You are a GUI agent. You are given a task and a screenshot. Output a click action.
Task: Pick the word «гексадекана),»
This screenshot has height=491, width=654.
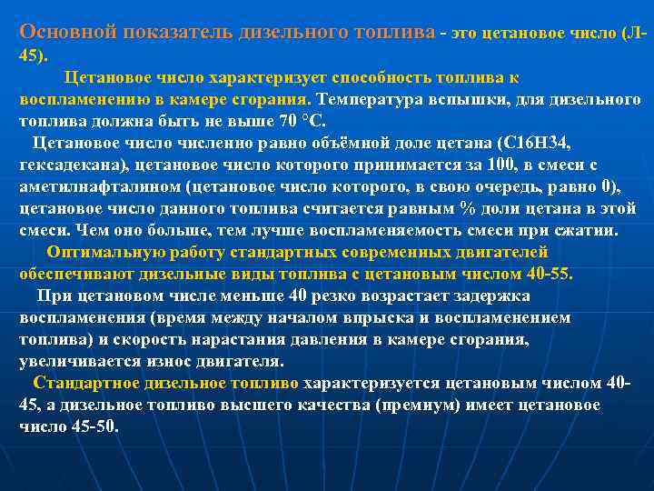[74, 165]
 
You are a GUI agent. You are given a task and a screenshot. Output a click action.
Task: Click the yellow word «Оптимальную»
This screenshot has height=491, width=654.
[101, 252]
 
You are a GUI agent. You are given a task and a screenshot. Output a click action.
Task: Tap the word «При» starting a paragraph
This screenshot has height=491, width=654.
[51, 296]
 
